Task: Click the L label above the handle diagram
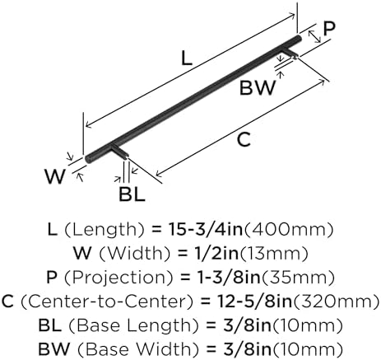coord(187,58)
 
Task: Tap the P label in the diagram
coord(329,29)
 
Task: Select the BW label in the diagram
coord(257,87)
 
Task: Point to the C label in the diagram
coord(244,139)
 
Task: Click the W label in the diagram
coord(55,176)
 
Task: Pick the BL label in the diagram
coord(132,194)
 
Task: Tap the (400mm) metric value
coord(288,230)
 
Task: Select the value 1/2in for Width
coord(214,253)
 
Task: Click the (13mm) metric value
coord(274,254)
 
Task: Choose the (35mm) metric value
coord(298,278)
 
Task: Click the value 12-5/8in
coord(254,302)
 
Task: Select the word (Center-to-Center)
coord(106,302)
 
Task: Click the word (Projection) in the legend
coord(118,278)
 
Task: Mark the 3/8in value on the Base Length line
coord(246,325)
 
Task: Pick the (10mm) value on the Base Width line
coord(307,349)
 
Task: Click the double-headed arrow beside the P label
coord(314,36)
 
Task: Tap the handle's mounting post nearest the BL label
coord(120,152)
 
